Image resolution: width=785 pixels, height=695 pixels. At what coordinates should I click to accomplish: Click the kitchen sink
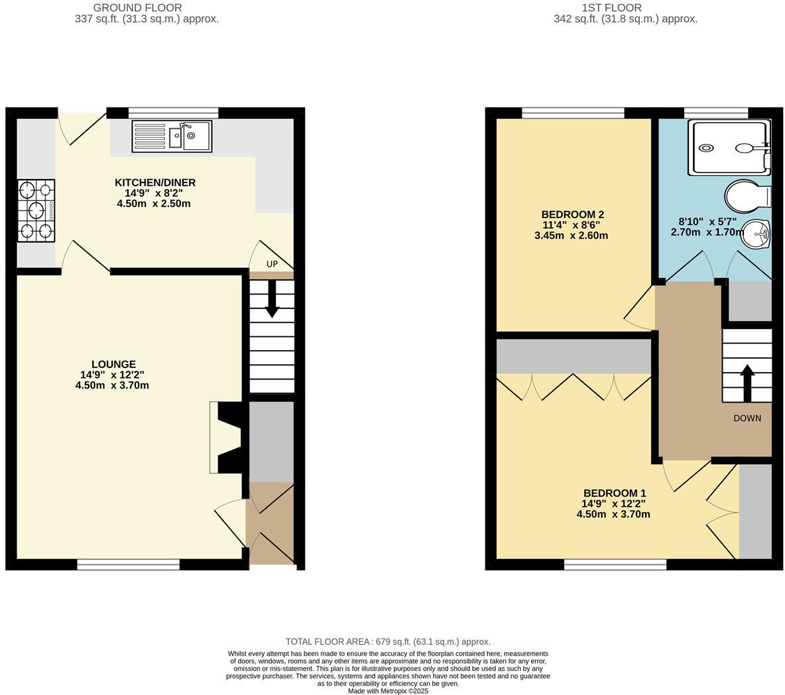(x=172, y=136)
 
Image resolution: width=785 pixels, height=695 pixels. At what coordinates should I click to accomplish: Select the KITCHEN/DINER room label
(x=155, y=183)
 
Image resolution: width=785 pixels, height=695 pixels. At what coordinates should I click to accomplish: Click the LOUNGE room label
(x=113, y=364)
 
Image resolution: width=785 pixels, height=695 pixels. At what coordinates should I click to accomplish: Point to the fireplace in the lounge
(x=227, y=438)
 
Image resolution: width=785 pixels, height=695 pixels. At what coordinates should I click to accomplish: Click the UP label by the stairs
(x=272, y=264)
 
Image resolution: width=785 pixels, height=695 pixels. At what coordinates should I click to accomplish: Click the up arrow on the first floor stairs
(x=747, y=382)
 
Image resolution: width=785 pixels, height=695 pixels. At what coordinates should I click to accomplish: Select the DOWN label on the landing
(x=747, y=418)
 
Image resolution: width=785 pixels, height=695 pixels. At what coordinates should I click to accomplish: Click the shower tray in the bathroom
(x=729, y=147)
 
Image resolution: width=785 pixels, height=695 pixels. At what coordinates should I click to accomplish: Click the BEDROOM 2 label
(x=572, y=215)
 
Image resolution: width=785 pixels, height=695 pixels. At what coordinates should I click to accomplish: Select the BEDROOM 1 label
(x=614, y=493)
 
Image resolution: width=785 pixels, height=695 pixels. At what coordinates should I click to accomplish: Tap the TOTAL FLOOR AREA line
(x=388, y=641)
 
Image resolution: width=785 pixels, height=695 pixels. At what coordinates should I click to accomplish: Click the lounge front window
(x=128, y=564)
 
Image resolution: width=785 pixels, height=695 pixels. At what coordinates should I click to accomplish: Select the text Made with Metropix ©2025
(x=388, y=690)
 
